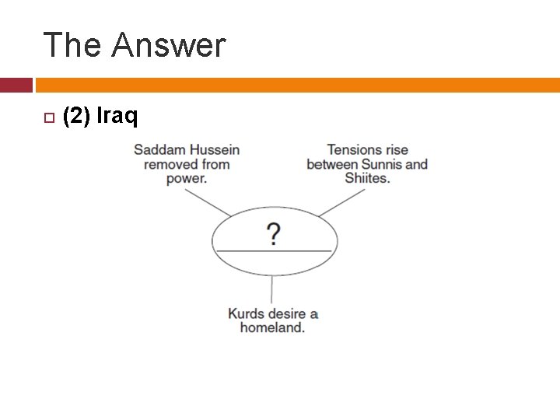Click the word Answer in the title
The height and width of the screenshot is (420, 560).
pos(168,45)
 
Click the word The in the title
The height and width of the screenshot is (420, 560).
pos(72,45)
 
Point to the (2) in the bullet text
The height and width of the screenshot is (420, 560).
pos(77,117)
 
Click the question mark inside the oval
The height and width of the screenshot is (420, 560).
pos(274,233)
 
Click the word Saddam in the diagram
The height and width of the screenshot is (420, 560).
pos(160,149)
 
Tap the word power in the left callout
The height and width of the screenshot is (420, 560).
pos(185,178)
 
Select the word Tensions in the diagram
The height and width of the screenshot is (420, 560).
pos(356,149)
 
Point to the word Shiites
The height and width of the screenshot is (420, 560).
pos(366,178)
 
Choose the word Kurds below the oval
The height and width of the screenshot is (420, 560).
pos(246,313)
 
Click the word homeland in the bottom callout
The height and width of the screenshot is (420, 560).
pos(271,327)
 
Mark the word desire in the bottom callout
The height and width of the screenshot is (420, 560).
pos(289,313)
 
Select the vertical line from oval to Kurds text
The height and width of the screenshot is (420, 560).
pos(271,289)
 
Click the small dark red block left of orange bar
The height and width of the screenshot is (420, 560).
pos(16,85)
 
